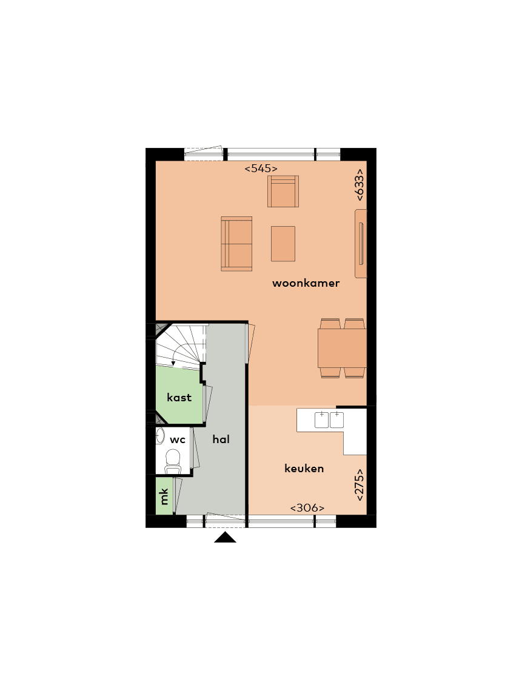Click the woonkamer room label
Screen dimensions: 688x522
click(x=306, y=283)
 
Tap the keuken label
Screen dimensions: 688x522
click(x=304, y=469)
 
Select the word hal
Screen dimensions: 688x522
click(x=221, y=439)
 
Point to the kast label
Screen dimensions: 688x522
click(x=179, y=398)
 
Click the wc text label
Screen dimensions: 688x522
click(x=178, y=439)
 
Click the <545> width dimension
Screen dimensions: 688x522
click(x=261, y=169)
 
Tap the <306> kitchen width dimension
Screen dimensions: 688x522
click(x=307, y=508)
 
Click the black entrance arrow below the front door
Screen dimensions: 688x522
click(x=225, y=537)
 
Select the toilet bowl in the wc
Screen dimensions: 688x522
click(x=174, y=460)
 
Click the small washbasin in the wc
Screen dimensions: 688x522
click(x=160, y=436)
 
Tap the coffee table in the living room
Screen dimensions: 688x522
click(x=283, y=244)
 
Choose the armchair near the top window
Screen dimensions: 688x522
click(x=283, y=192)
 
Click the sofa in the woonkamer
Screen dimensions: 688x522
click(x=236, y=244)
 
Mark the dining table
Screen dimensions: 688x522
click(x=342, y=348)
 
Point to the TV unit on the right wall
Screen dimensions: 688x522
click(x=361, y=244)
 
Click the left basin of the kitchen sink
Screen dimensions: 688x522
click(x=321, y=419)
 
